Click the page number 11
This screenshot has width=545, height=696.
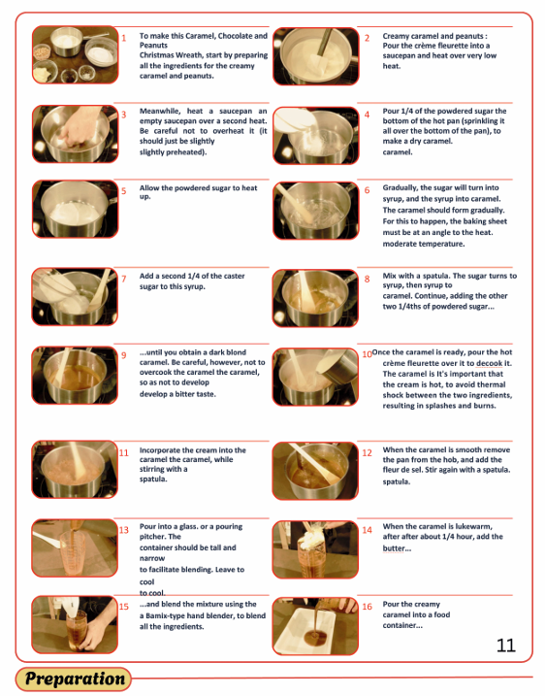[506, 646]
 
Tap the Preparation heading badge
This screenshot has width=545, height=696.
[74, 679]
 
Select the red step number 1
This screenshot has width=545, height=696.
[124, 38]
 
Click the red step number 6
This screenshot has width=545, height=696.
[367, 190]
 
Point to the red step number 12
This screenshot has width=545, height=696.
[367, 452]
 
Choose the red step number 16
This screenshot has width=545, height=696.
[367, 607]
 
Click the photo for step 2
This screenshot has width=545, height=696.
[316, 56]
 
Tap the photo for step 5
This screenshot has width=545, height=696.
[75, 209]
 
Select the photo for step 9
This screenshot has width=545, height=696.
[75, 375]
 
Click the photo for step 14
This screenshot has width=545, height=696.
[315, 549]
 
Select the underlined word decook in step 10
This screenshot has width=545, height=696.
[490, 363]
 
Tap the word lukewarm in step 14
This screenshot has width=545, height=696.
[475, 526]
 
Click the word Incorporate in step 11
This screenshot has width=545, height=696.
[160, 450]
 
